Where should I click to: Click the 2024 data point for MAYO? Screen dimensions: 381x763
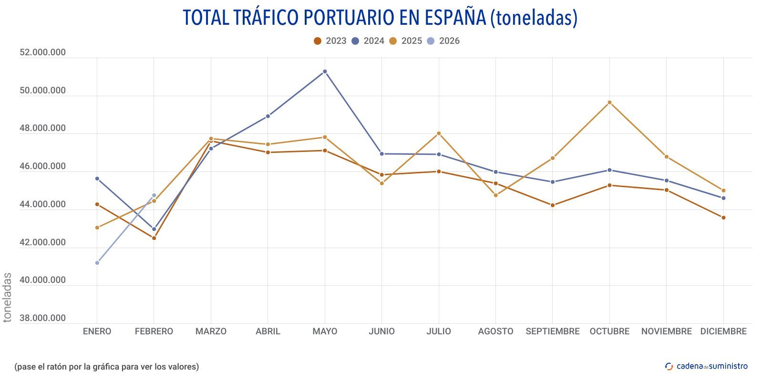[325, 71]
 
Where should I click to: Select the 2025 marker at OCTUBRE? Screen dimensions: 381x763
[609, 102]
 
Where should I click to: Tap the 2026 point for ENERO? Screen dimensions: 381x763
[97, 263]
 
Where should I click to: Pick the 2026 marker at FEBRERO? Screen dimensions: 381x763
[154, 195]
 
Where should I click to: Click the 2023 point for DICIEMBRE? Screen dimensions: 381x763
[723, 218]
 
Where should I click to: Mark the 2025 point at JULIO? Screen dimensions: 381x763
[439, 133]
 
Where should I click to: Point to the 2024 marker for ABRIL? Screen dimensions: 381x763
[268, 116]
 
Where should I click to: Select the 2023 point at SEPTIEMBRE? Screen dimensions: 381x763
[553, 205]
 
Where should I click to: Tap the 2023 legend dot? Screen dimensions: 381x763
[318, 41]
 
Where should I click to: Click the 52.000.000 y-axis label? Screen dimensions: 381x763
[42, 52]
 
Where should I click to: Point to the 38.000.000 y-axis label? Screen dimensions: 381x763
[42, 318]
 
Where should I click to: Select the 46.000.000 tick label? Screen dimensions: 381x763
[42, 166]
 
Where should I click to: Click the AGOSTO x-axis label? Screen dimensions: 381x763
[495, 331]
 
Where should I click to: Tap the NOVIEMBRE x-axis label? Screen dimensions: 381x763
[666, 331]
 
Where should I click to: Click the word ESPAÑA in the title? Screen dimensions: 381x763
[448, 18]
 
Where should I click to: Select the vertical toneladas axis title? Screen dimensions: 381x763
[7, 298]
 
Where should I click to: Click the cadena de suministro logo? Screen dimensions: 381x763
[707, 366]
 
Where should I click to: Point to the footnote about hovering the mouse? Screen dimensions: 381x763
[107, 367]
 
